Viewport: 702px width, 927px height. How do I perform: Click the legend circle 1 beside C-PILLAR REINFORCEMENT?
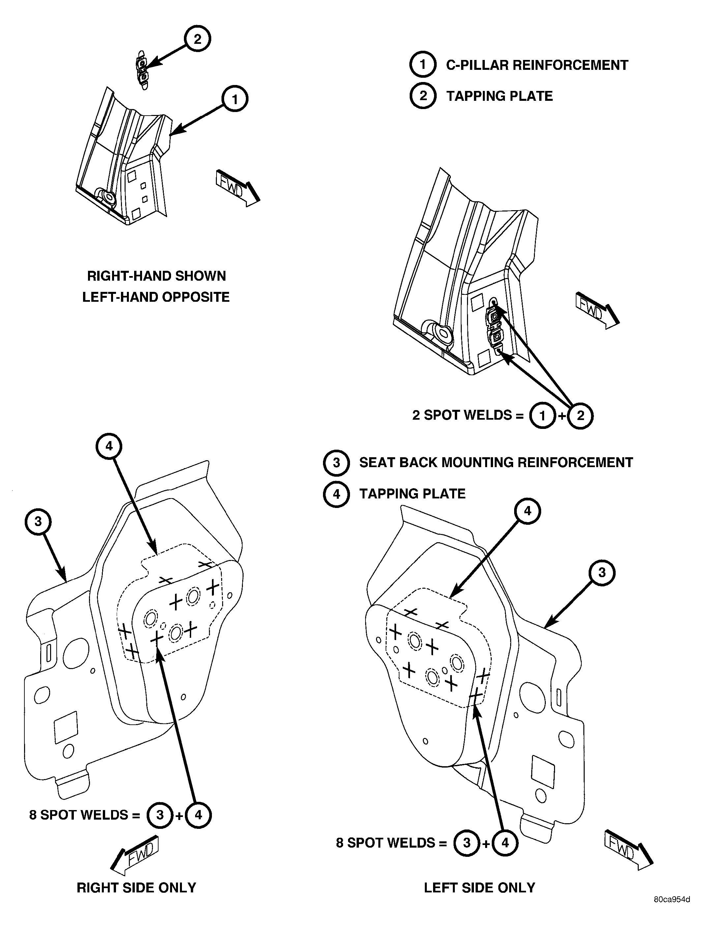click(423, 65)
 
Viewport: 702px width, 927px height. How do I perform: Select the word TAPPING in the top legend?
click(473, 96)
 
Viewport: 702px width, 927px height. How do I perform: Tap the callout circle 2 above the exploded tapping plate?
click(197, 39)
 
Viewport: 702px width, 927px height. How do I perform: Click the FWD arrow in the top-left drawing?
click(237, 188)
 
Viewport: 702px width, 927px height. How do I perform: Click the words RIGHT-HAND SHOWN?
click(157, 276)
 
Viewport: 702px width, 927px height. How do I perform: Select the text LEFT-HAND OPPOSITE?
click(156, 297)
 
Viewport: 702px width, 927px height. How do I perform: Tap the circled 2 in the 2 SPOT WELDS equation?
click(580, 416)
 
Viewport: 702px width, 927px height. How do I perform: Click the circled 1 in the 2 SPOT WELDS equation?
click(542, 416)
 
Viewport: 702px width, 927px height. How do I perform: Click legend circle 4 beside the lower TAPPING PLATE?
click(336, 494)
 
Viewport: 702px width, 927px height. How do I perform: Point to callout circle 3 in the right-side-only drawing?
click(38, 522)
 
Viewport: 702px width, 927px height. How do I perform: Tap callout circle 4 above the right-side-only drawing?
click(109, 446)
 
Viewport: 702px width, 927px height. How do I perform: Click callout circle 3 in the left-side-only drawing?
click(602, 573)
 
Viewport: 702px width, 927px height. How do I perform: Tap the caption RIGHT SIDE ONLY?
click(136, 887)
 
